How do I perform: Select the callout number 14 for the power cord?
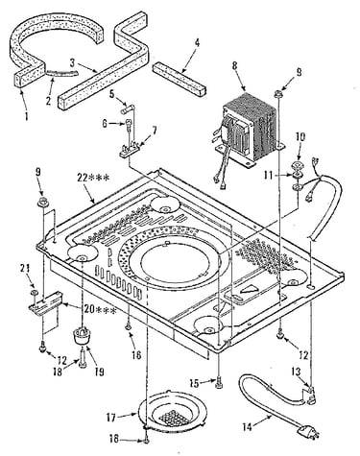[x=248, y=426]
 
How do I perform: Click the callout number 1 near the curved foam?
[x=26, y=115]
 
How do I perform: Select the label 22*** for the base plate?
[x=94, y=177]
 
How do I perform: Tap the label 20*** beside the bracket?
[x=100, y=310]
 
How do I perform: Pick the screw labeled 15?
[x=219, y=383]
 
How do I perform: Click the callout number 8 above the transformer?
[x=235, y=66]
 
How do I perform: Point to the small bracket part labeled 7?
[x=131, y=150]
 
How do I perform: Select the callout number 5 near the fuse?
[x=110, y=95]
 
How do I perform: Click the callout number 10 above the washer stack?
[x=300, y=136]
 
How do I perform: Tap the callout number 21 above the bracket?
[x=24, y=269]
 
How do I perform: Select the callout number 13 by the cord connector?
[x=296, y=372]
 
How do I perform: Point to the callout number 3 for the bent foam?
[x=73, y=61]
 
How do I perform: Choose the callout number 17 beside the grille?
[x=112, y=418]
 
